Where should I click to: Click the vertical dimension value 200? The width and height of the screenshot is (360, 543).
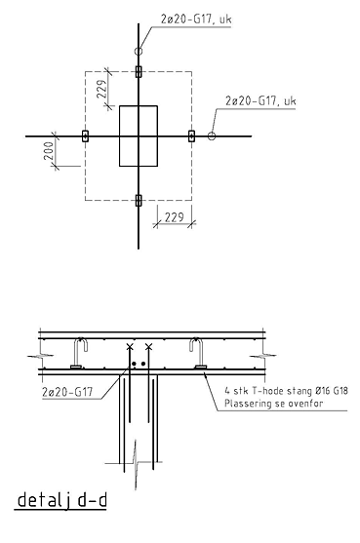(x=49, y=151)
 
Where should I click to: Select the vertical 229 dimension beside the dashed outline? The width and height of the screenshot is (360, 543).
(x=101, y=89)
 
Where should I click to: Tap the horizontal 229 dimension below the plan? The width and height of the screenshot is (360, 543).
(x=174, y=217)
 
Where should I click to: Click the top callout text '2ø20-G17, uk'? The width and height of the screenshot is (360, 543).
(x=196, y=19)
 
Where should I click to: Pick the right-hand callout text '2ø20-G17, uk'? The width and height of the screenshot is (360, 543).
(x=260, y=100)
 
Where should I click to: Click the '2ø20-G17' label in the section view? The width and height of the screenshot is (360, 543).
(x=67, y=392)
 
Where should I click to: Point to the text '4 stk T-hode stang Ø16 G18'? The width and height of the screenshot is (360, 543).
(x=286, y=391)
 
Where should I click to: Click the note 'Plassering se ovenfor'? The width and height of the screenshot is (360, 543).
(x=274, y=404)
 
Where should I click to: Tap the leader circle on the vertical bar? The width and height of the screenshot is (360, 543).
(x=139, y=52)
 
